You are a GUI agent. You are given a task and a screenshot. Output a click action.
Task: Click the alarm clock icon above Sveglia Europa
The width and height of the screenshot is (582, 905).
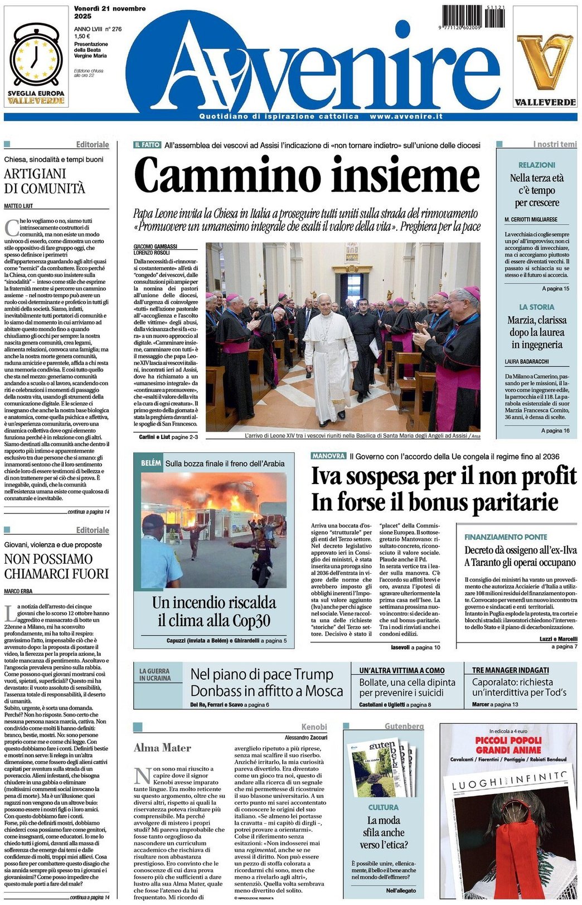point(36,56)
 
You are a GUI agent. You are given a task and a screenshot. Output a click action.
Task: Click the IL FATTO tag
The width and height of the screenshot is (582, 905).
point(147,145)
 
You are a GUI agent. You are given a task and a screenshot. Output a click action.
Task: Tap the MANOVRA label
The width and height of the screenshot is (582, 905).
point(328,456)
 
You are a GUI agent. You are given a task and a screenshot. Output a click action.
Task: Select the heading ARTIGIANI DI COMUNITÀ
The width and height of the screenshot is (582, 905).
point(45,181)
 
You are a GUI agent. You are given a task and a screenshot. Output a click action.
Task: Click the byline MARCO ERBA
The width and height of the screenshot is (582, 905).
point(18,592)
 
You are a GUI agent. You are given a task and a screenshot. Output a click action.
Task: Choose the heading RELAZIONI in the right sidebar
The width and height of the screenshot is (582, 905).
point(536,165)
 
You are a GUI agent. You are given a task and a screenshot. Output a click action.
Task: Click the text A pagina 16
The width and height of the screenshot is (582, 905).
point(555,430)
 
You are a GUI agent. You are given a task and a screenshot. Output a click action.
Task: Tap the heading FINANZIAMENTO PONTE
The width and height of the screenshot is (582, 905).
point(506,536)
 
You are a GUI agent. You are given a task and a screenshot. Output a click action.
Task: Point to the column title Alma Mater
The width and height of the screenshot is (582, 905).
point(162,748)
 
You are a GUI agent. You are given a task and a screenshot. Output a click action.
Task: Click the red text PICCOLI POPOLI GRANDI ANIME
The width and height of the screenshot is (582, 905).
point(508,745)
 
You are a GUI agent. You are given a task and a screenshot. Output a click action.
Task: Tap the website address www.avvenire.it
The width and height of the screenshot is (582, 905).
point(406,117)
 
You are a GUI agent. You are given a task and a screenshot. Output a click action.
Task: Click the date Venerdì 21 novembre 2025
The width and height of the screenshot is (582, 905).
point(109,12)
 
